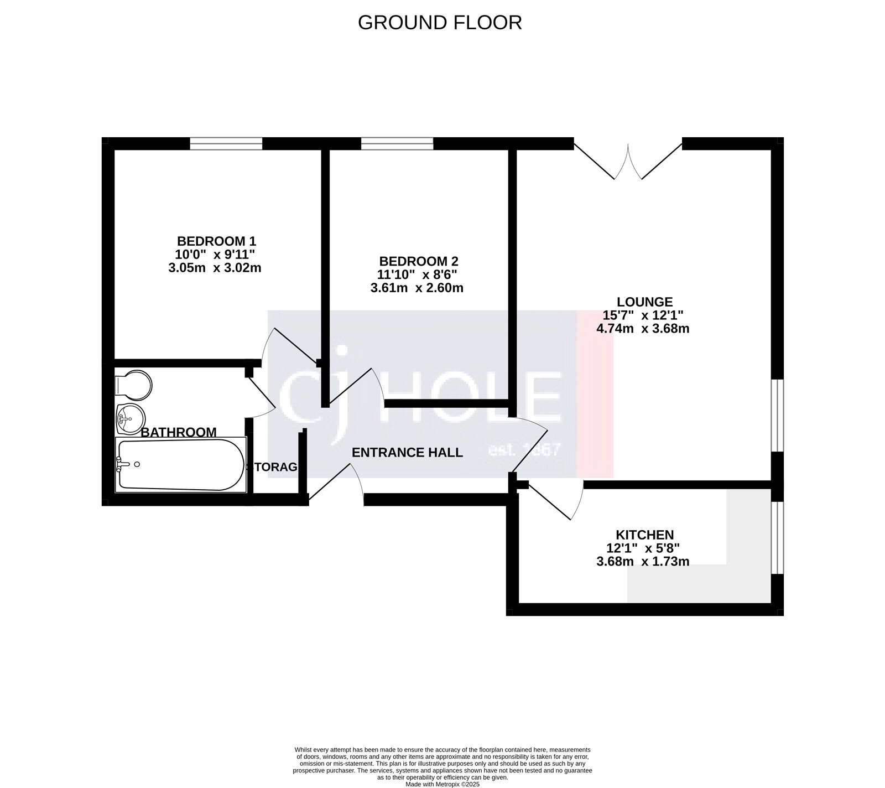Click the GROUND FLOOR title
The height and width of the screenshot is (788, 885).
coord(439,23)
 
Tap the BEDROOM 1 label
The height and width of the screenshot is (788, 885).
coord(216,241)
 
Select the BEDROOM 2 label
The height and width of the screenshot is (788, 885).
coord(419,261)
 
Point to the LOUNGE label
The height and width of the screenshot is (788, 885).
coord(644,302)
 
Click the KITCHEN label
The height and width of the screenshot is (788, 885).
coord(644,535)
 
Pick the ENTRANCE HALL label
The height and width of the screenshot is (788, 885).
coord(407,453)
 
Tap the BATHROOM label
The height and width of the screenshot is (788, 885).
coord(178,432)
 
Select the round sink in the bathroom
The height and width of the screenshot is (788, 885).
coord(131,418)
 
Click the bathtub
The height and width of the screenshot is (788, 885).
coord(180,465)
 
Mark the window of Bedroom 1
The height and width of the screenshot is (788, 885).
coord(226,144)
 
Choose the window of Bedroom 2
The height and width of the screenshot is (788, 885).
coord(397,144)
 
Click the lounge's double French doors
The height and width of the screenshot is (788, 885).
coord(628,160)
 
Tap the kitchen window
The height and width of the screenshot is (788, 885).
coord(777,537)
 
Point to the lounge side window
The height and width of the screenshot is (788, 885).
coord(777,415)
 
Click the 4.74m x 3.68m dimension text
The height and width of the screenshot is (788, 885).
coord(642,329)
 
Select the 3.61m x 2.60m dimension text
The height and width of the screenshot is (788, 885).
coord(417,288)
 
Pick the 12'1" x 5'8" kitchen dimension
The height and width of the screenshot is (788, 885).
coord(642,548)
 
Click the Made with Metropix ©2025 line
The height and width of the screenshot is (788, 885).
coord(442,784)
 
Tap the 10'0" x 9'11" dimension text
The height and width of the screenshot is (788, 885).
coord(215,255)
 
